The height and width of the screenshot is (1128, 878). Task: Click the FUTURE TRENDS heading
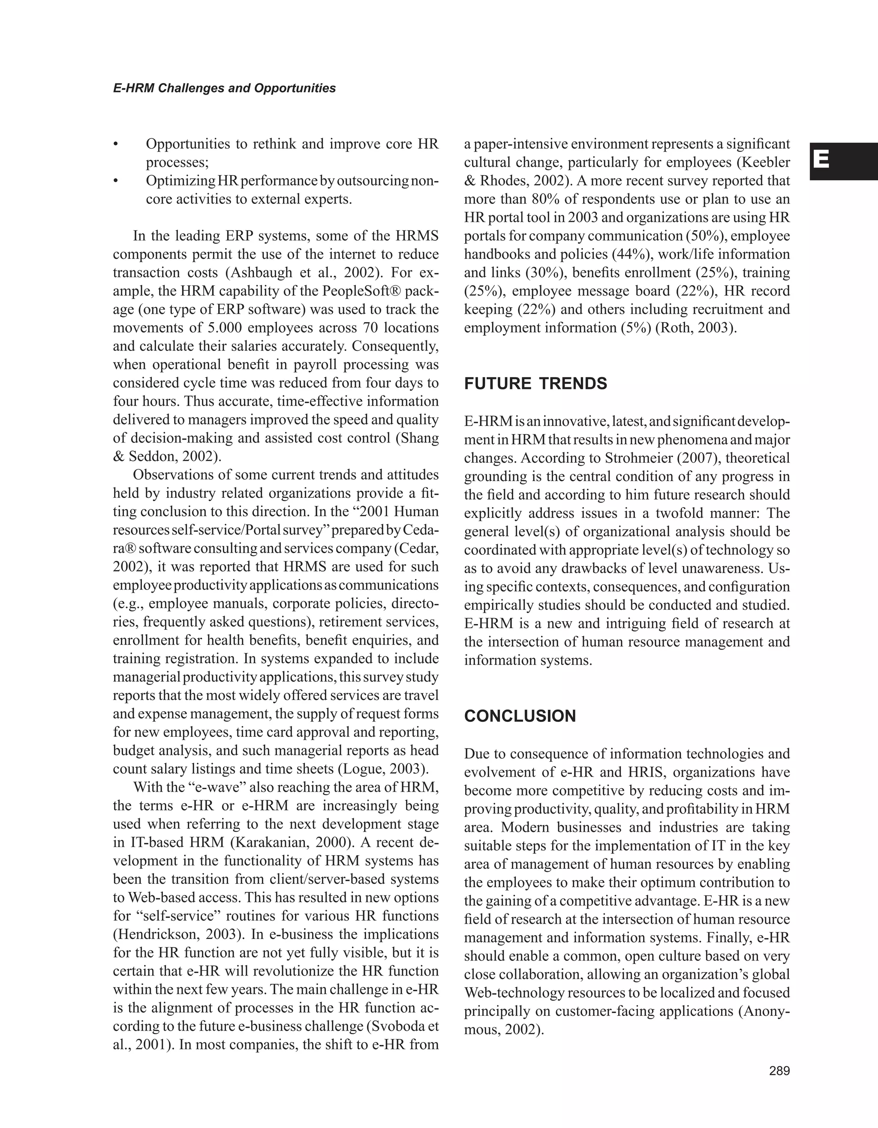click(x=535, y=384)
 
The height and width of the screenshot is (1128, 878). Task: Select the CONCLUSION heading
click(x=520, y=716)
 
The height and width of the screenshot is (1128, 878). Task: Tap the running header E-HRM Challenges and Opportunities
click(x=224, y=88)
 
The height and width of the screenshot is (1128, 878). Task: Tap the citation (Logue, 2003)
click(x=383, y=769)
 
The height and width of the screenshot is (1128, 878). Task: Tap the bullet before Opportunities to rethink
click(x=116, y=144)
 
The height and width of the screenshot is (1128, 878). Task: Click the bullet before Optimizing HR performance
click(x=116, y=181)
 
